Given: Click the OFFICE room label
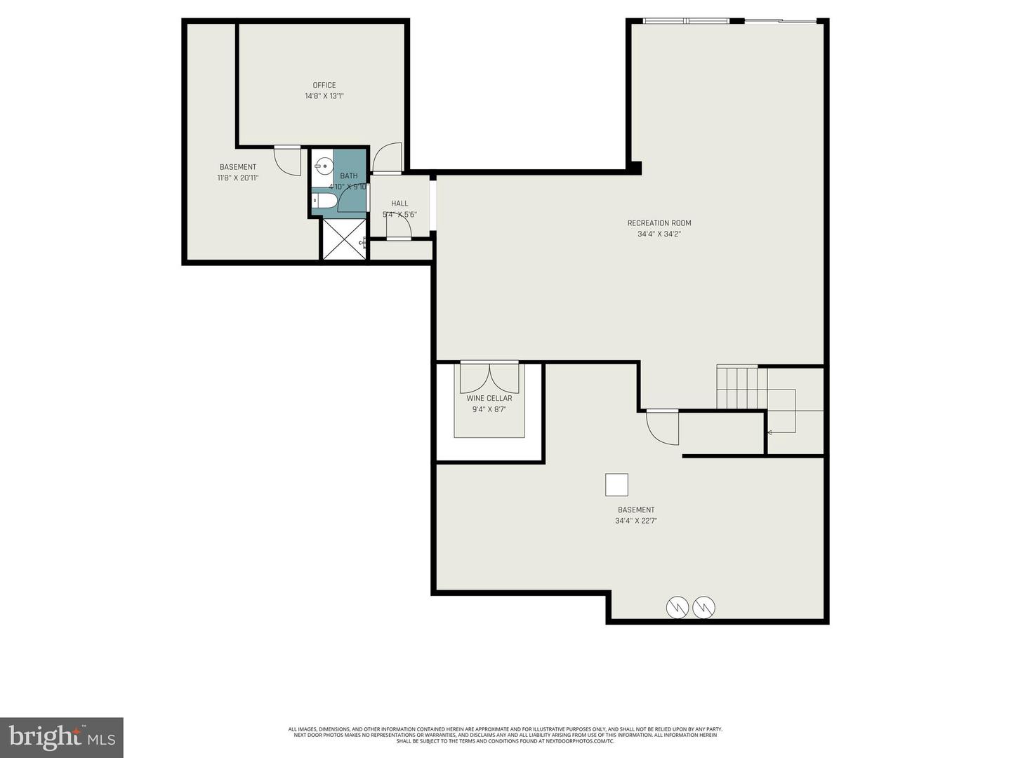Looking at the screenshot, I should [x=324, y=85].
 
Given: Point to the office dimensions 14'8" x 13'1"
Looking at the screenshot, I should [x=324, y=96].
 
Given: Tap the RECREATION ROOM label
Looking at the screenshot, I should [x=659, y=223].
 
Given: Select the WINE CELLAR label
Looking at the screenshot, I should [x=489, y=398].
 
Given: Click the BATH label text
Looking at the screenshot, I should [x=349, y=176].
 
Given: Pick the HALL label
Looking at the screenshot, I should [x=399, y=204].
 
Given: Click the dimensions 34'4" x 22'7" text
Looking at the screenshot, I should [x=636, y=521].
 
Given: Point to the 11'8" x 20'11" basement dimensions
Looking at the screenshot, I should [x=238, y=178].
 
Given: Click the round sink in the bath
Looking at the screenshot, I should [x=324, y=167].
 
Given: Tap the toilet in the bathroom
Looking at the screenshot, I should [x=325, y=202].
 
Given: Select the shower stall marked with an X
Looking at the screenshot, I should [x=343, y=239].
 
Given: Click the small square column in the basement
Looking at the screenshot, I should [x=616, y=485].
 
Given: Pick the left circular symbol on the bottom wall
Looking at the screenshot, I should [x=678, y=607].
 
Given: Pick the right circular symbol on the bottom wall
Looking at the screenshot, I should [x=703, y=607].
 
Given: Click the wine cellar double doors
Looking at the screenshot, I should [x=489, y=377].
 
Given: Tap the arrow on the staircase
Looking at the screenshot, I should [x=770, y=432].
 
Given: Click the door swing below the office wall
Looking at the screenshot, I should [x=286, y=161].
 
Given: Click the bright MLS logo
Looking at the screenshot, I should [x=62, y=737].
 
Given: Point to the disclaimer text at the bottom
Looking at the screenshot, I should [x=505, y=735].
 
